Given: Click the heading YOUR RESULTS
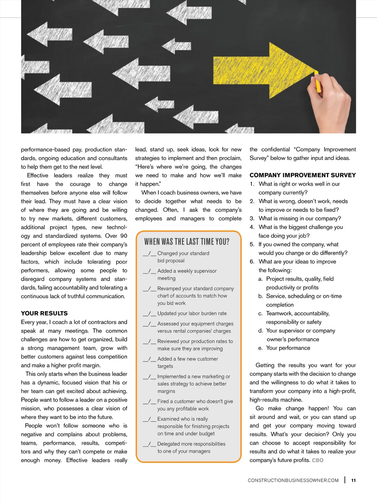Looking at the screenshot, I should click(x=44, y=313).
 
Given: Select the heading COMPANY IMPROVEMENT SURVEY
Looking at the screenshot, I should click(x=303, y=175).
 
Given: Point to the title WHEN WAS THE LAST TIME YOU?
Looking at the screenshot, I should click(x=187, y=242).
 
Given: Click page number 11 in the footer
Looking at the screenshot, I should click(x=353, y=480).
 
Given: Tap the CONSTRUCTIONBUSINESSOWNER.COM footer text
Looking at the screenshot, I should click(x=293, y=480).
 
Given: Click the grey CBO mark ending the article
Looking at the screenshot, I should click(x=318, y=460).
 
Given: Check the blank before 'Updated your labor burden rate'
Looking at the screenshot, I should click(x=149, y=314).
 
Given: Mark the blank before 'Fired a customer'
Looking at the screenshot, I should click(x=149, y=402).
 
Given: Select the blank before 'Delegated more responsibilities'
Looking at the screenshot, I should click(x=149, y=444).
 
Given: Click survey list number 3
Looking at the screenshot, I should click(x=252, y=218).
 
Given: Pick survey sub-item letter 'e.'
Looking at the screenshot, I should click(x=260, y=348).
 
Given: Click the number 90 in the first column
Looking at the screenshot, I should click(x=124, y=236).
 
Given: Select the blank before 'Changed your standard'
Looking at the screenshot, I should click(x=149, y=253).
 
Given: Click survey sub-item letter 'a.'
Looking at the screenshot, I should click(x=260, y=279).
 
